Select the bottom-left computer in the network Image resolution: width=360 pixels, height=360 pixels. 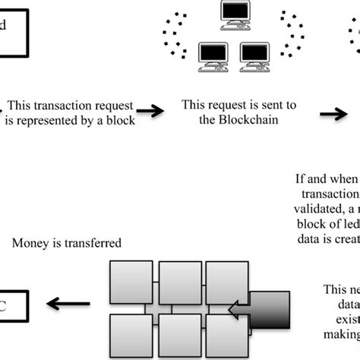pos(213,55)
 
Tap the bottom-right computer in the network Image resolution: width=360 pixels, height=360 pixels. pos(254,55)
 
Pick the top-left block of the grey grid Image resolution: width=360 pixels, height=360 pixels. pos(131,282)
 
